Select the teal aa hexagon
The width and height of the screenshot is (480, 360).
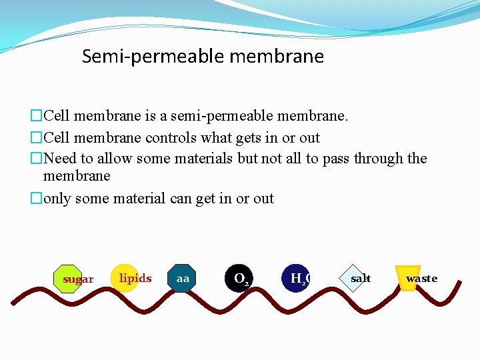pyautogui.click(x=182, y=279)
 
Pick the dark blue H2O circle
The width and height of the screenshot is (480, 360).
pyautogui.click(x=297, y=279)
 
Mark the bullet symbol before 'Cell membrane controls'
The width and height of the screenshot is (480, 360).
pyautogui.click(x=36, y=138)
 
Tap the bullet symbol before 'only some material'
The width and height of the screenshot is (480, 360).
pyautogui.click(x=36, y=199)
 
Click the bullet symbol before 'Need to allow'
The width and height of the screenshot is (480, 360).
pyautogui.click(x=36, y=159)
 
